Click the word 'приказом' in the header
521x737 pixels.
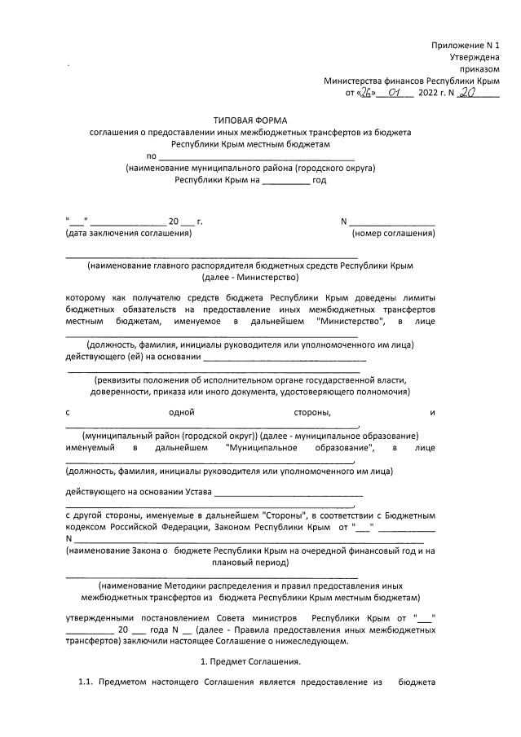pyautogui.click(x=480, y=69)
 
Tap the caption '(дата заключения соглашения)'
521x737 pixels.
pyautogui.click(x=128, y=234)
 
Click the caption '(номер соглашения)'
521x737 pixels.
pyautogui.click(x=392, y=234)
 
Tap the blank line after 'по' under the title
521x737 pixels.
pyautogui.click(x=256, y=156)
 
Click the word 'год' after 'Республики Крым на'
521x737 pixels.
pyautogui.click(x=320, y=179)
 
